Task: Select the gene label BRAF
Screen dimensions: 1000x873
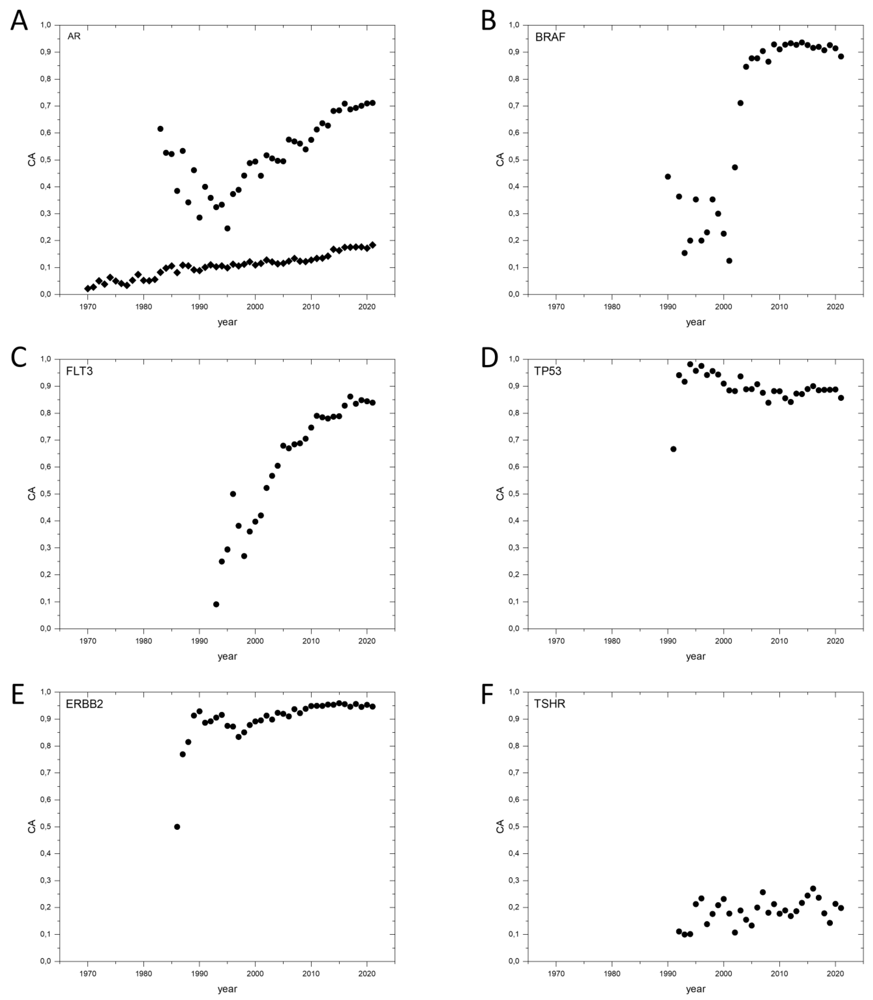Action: point(550,37)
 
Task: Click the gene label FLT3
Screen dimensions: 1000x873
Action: point(79,371)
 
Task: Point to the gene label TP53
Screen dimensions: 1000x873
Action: point(548,371)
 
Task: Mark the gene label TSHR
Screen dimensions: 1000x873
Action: point(549,704)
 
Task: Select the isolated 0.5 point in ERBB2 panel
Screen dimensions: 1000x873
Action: point(177,827)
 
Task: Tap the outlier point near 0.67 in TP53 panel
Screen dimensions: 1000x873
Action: point(673,449)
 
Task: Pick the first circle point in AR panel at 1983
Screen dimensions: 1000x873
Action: point(160,129)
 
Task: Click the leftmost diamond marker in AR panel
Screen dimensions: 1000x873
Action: point(88,288)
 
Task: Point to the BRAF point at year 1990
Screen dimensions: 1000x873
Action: point(668,176)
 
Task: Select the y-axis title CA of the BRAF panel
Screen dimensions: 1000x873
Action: point(500,159)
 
